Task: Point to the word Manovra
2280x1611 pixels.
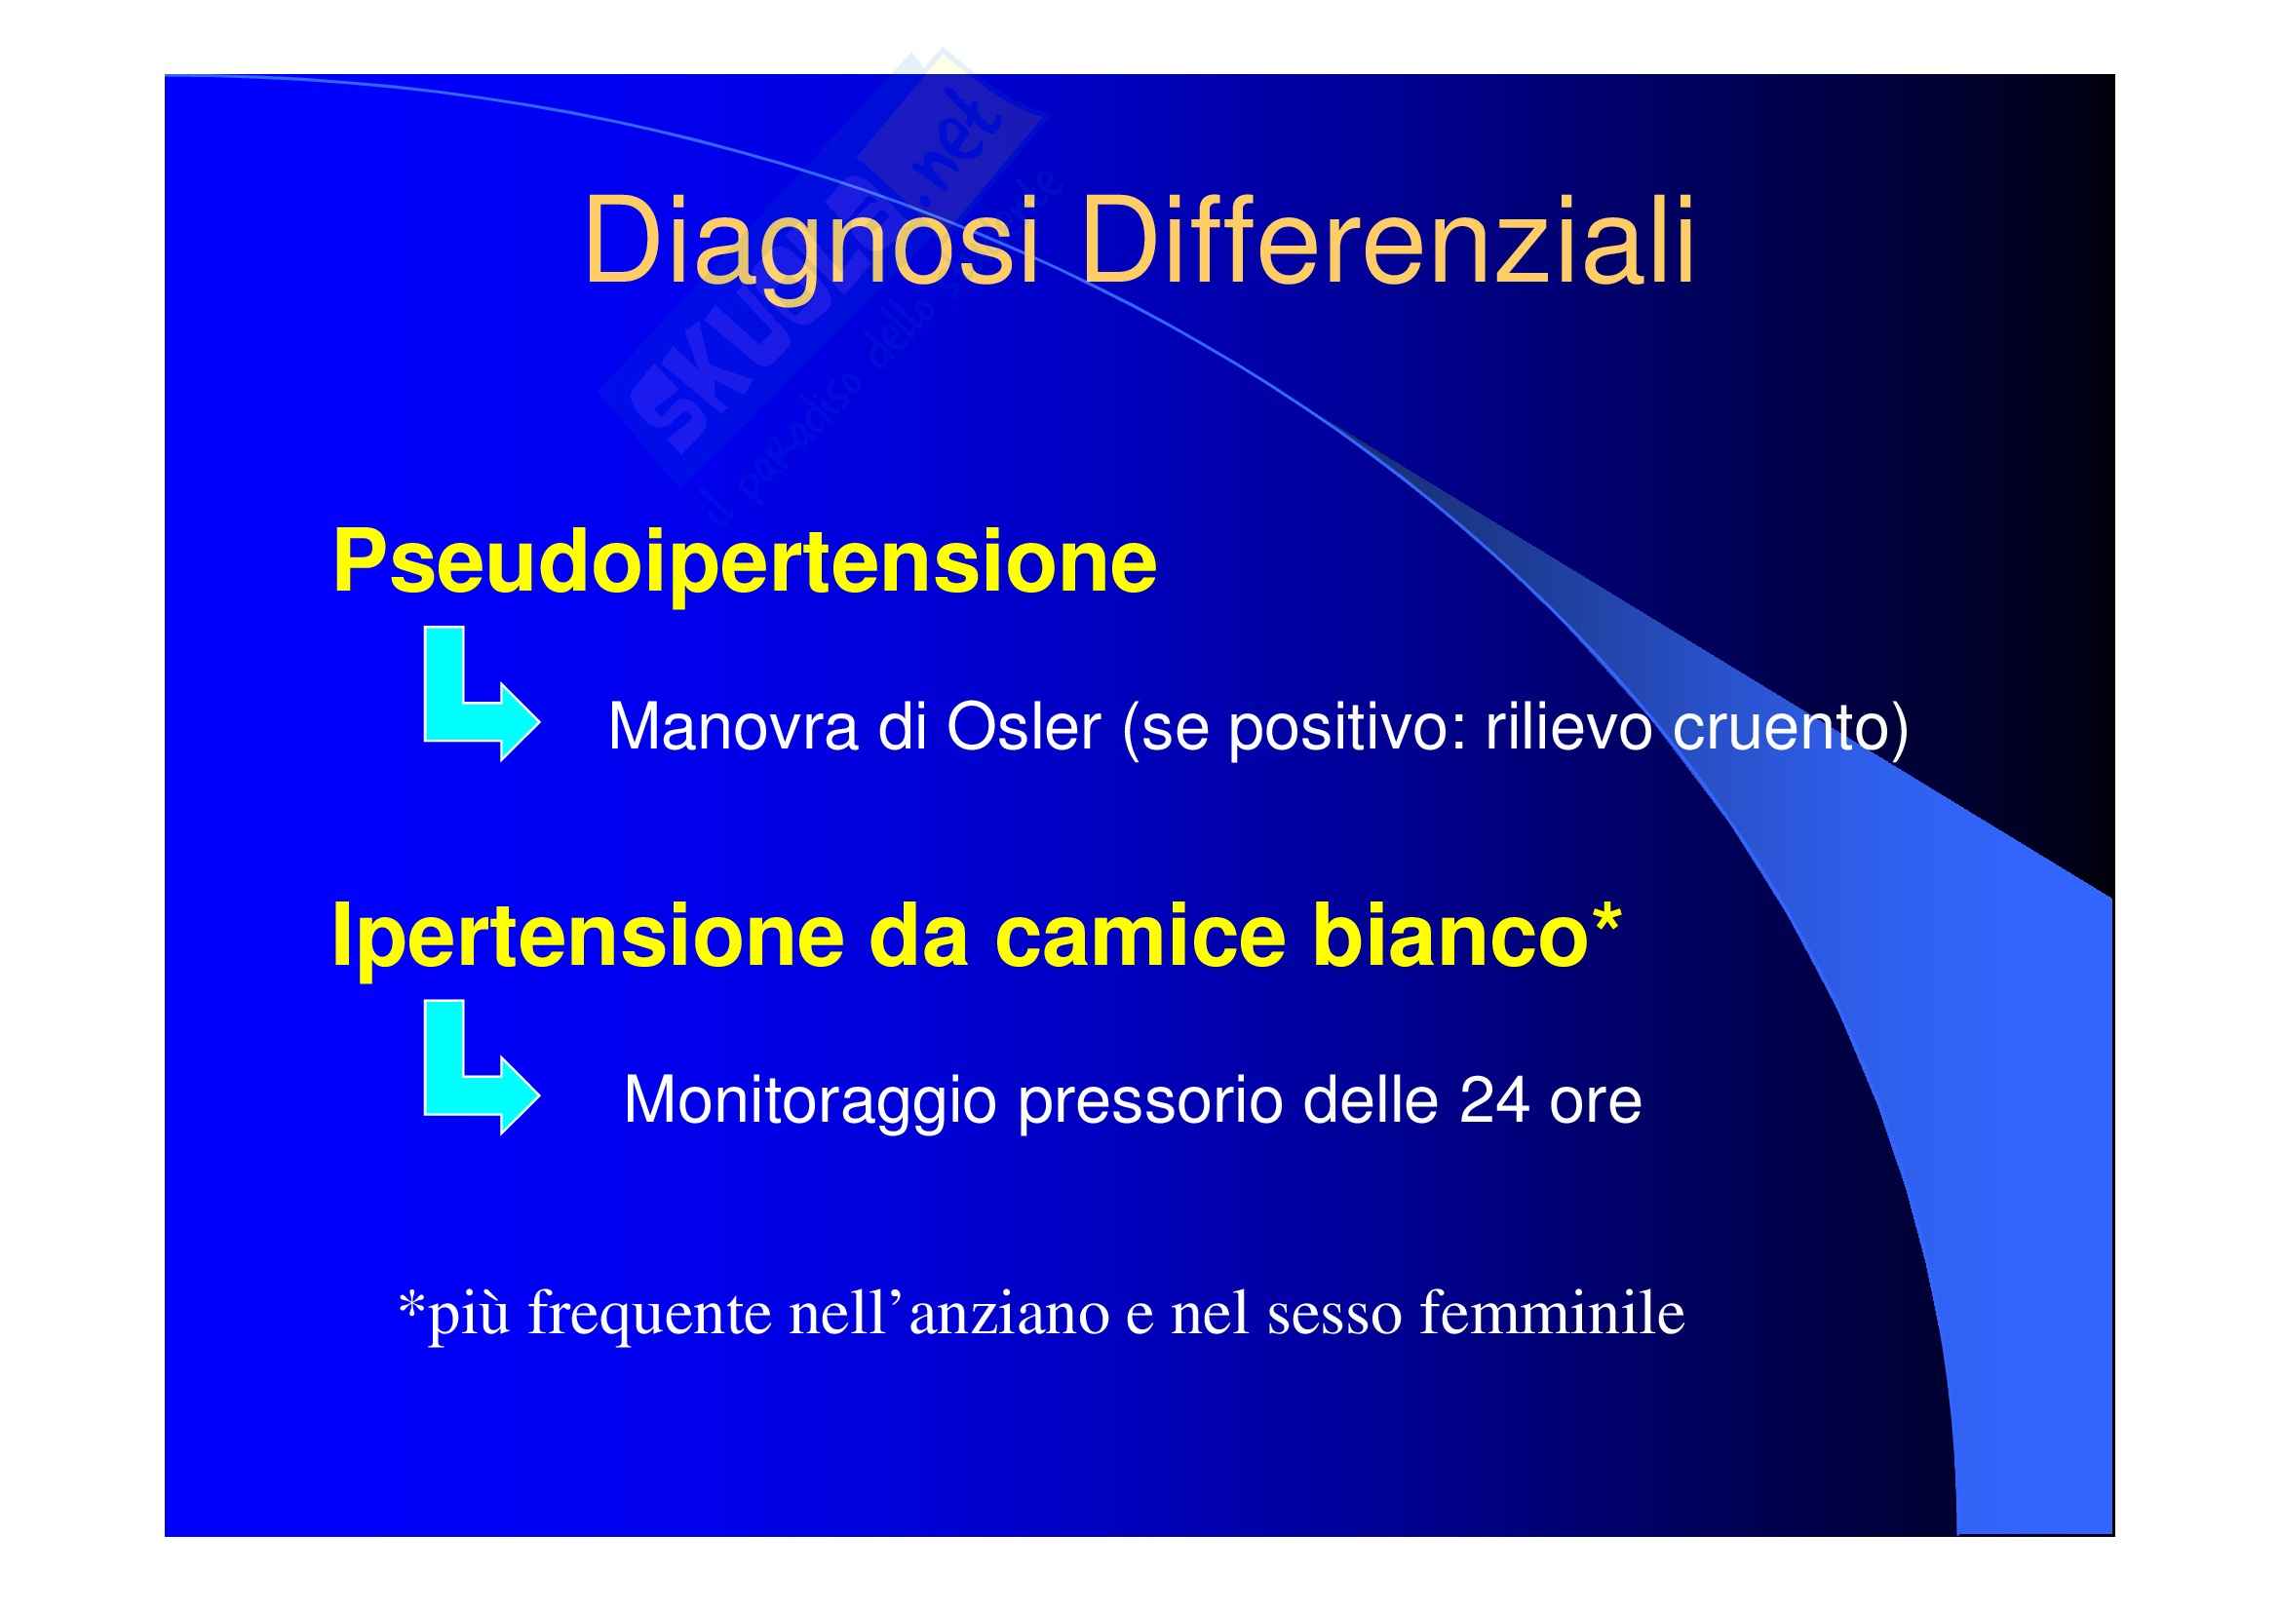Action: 733,727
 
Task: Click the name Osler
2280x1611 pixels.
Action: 1024,727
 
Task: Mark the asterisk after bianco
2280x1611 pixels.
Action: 1605,918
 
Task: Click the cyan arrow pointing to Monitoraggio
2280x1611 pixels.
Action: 482,1067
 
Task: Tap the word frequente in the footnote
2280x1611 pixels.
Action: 649,1314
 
